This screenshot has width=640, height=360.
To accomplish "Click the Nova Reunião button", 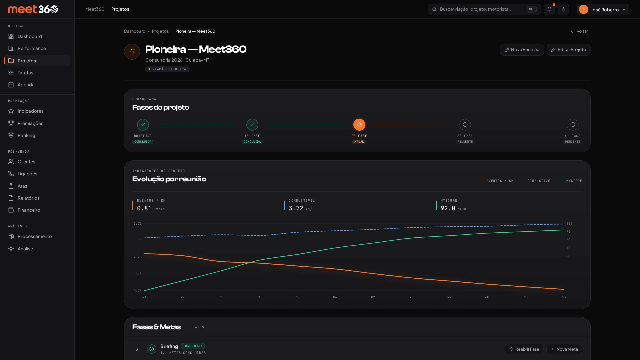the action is (522, 50).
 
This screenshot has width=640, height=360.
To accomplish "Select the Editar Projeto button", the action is (568, 50).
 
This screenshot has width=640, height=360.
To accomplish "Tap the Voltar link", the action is (579, 31).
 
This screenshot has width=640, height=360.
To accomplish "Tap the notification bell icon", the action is (549, 9).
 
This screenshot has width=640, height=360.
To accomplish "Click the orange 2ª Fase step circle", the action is (359, 125).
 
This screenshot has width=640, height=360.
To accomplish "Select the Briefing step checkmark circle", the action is (143, 125).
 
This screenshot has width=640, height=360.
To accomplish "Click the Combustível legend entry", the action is (536, 181).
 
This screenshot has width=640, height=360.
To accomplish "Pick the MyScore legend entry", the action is (570, 181).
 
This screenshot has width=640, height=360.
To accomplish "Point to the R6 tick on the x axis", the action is (335, 297).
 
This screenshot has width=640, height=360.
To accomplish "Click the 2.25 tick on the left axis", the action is (138, 257).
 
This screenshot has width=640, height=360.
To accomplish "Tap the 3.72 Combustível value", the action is (296, 208).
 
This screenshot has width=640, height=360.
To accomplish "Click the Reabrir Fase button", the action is (524, 349).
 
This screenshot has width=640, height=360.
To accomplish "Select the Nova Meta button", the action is (564, 349).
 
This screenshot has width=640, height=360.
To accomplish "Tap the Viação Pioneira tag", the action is (167, 69).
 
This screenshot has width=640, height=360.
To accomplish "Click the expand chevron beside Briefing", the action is (137, 349).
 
